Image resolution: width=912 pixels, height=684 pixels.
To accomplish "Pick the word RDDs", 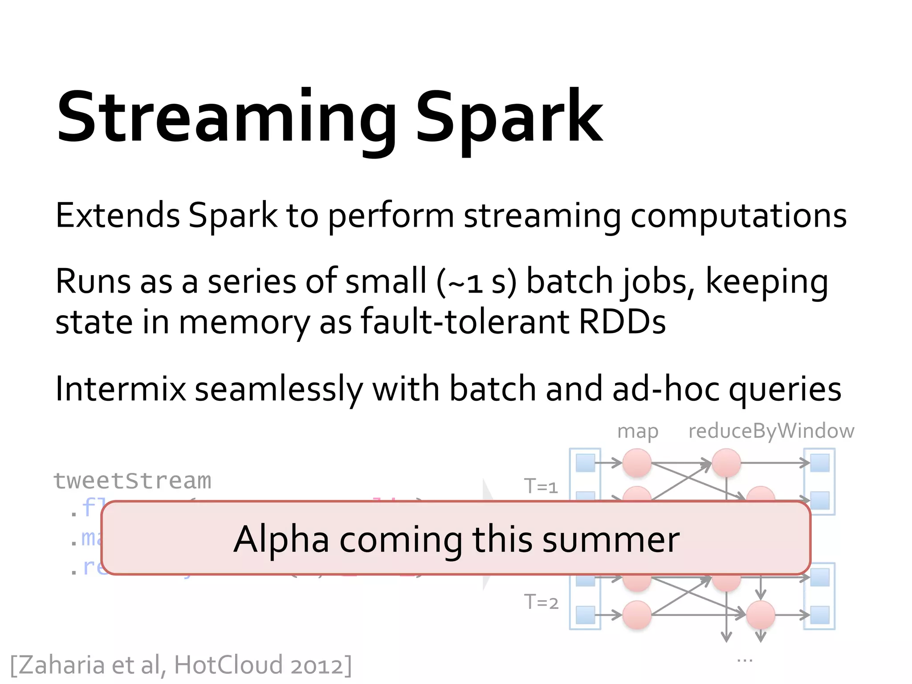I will pos(622,322).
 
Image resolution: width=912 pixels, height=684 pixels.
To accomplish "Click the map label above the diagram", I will pos(638,432).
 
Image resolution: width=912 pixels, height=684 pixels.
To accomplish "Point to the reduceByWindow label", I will pos(771,431).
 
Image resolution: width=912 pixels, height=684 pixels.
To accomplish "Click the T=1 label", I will pos(541,486).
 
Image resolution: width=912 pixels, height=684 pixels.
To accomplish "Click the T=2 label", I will pos(541,602).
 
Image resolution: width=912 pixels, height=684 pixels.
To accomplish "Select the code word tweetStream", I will pos(132,481).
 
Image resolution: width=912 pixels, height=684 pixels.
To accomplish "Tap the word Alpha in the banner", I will pos(281,539).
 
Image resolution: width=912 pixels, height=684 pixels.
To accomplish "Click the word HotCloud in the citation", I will pos(228,665).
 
